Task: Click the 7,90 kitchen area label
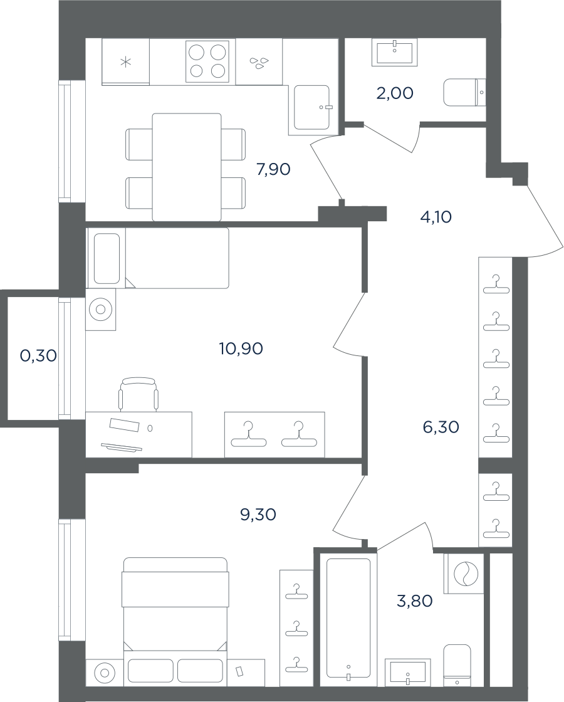point(273,169)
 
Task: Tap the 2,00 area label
point(395,93)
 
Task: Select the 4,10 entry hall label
point(436,217)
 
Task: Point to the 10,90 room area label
point(241,348)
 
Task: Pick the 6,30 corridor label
point(441,427)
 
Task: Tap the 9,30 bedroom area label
point(258,515)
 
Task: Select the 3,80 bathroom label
point(414,601)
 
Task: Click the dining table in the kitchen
point(187,167)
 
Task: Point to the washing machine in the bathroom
point(464,574)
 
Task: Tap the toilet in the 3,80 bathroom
point(457,665)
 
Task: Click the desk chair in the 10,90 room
point(138,394)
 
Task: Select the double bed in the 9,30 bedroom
point(175,621)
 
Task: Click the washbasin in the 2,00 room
point(394,52)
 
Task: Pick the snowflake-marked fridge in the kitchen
point(126,62)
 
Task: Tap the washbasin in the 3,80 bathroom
point(408,672)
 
